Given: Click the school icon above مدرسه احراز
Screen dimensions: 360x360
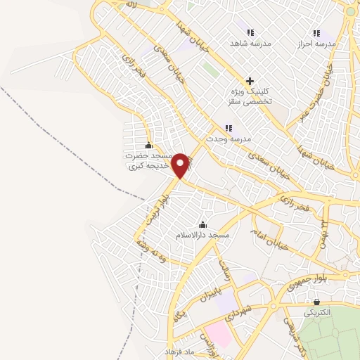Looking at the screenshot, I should tap(316, 32).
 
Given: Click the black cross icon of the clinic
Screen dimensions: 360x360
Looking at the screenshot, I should tap(249, 81).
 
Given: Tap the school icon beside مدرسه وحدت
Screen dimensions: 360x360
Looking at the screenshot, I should tap(228, 127).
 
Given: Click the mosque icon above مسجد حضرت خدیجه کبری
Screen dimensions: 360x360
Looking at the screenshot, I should tap(148, 145).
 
